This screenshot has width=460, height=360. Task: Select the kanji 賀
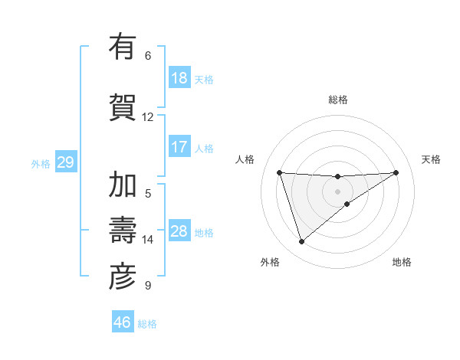[x=123, y=106]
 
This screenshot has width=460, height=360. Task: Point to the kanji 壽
[x=123, y=231]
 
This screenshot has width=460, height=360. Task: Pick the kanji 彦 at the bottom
[x=123, y=277]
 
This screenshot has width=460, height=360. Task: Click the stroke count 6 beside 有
[x=148, y=56]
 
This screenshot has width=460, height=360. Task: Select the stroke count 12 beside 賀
[x=148, y=117]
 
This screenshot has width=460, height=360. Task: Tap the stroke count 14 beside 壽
[x=148, y=240]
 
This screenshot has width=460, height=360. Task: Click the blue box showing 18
[x=179, y=78]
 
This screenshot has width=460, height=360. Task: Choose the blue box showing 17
[x=179, y=146]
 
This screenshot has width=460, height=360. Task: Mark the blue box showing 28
[x=179, y=231]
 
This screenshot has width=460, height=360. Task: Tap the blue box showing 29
[x=65, y=162]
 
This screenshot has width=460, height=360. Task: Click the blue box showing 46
[x=123, y=322]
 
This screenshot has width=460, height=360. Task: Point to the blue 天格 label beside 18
[x=204, y=79]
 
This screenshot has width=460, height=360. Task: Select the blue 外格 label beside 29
[x=41, y=163]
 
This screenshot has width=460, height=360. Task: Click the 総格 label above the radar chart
[x=338, y=100]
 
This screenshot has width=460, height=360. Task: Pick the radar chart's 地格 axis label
[x=402, y=262]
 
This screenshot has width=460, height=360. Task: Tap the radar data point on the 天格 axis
[x=396, y=172]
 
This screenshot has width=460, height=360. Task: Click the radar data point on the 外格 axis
[x=301, y=242]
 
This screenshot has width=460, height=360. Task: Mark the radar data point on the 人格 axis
[x=280, y=172]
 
